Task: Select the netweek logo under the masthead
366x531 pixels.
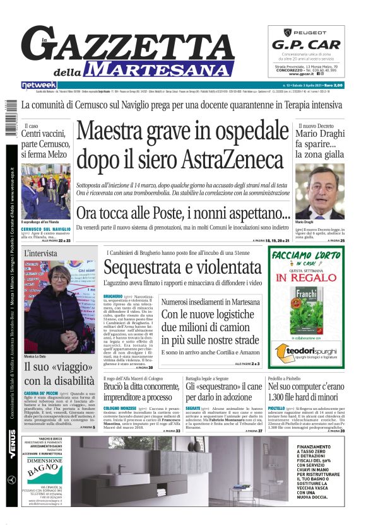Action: [38, 85]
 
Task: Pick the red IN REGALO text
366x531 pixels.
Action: [297, 277]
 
